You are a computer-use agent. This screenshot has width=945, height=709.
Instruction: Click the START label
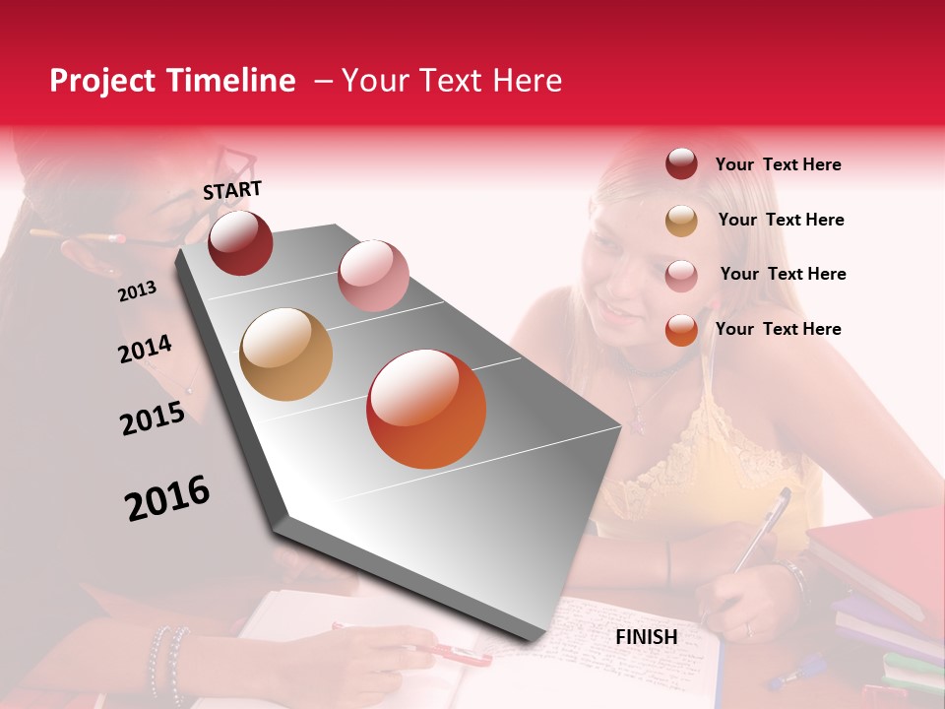tap(232, 190)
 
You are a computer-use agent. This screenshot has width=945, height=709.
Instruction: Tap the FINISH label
tap(646, 637)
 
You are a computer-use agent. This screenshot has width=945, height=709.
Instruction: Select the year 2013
tap(137, 290)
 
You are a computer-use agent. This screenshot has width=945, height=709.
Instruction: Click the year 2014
tap(145, 350)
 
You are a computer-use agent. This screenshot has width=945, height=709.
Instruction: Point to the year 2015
tap(153, 419)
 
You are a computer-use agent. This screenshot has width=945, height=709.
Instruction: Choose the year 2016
tap(167, 497)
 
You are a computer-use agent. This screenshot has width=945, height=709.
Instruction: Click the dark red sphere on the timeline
tap(240, 242)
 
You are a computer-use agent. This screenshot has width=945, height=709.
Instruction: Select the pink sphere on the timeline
tap(373, 275)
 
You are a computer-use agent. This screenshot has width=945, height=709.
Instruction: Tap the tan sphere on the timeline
tap(285, 354)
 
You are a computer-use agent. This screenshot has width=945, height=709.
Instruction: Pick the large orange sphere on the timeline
tap(426, 409)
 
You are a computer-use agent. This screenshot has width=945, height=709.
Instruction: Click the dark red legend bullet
tap(681, 163)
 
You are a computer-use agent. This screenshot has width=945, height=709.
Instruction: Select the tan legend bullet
tap(681, 220)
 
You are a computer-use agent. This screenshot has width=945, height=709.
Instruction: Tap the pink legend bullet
tap(681, 275)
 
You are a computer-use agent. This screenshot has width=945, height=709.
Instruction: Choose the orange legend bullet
tap(681, 330)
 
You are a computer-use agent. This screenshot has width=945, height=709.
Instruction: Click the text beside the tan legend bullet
tap(781, 220)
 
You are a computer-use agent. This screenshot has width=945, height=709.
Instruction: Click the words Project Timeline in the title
tap(172, 81)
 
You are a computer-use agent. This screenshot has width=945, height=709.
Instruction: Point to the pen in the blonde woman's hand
tap(763, 527)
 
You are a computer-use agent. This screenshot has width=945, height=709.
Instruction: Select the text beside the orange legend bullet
tap(778, 329)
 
